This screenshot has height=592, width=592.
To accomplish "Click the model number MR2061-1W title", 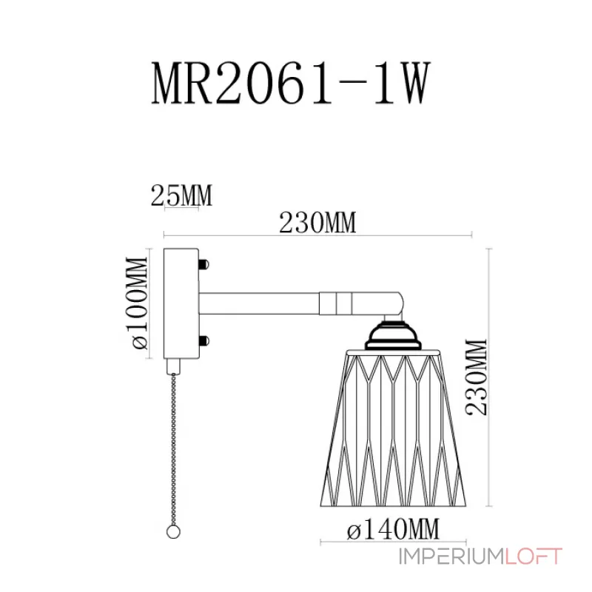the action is (x=291, y=83).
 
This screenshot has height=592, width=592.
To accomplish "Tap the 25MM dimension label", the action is (x=181, y=195).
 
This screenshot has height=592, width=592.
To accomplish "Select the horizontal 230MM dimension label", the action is (x=317, y=223).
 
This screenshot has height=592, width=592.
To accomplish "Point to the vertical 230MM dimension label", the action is (x=477, y=377).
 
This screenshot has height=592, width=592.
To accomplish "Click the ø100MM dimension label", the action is (x=136, y=303).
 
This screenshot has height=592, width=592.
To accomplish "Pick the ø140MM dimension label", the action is (x=393, y=528).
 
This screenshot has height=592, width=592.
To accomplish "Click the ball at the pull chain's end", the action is (x=173, y=532).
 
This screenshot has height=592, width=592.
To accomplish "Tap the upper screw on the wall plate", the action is (x=204, y=264).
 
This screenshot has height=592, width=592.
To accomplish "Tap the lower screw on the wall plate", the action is (x=204, y=341).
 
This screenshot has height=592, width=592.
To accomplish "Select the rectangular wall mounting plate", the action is (x=181, y=303).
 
